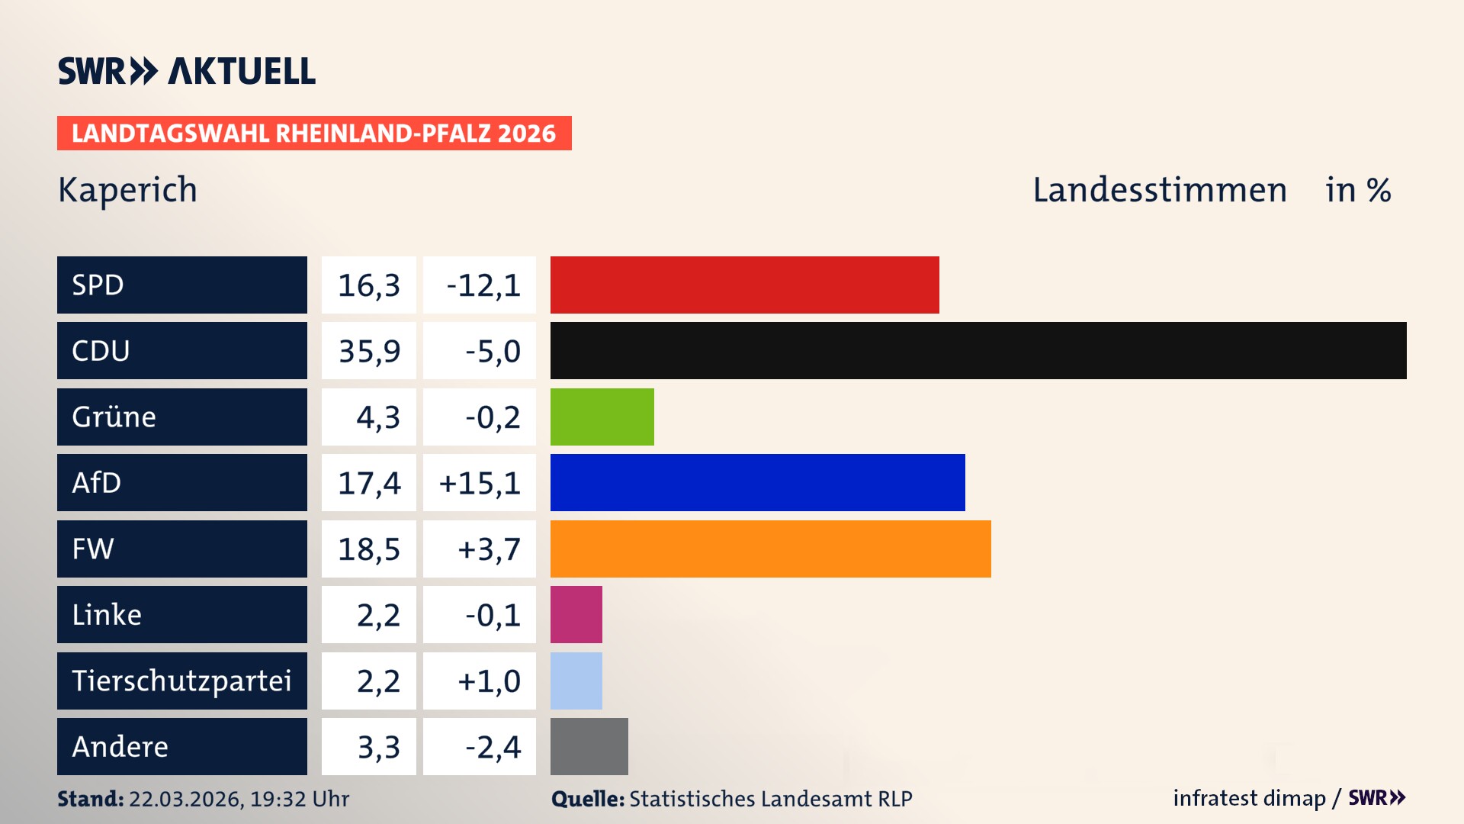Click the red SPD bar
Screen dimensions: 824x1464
(744, 285)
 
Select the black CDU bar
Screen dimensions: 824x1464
(978, 350)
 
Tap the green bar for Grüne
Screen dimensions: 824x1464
(602, 417)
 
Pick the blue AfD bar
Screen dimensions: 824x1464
(757, 482)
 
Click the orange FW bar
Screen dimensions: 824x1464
(770, 549)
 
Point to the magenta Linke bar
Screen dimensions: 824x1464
(576, 614)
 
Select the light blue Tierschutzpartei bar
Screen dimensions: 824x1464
(576, 681)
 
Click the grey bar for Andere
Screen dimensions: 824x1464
(589, 746)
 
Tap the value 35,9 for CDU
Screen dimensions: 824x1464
(369, 351)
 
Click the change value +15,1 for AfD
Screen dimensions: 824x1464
(480, 483)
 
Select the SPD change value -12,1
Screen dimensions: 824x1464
(483, 285)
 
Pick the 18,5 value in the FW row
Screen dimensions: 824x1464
(369, 549)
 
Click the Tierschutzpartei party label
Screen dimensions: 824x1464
(181, 681)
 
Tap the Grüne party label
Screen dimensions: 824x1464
(114, 417)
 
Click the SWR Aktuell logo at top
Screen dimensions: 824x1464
(186, 71)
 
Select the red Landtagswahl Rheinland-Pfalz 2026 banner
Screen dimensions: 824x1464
(313, 134)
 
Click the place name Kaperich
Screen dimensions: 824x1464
(127, 189)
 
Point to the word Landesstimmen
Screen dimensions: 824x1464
(1159, 190)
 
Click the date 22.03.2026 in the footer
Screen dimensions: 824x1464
(185, 799)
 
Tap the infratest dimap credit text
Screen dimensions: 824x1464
(1249, 798)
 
